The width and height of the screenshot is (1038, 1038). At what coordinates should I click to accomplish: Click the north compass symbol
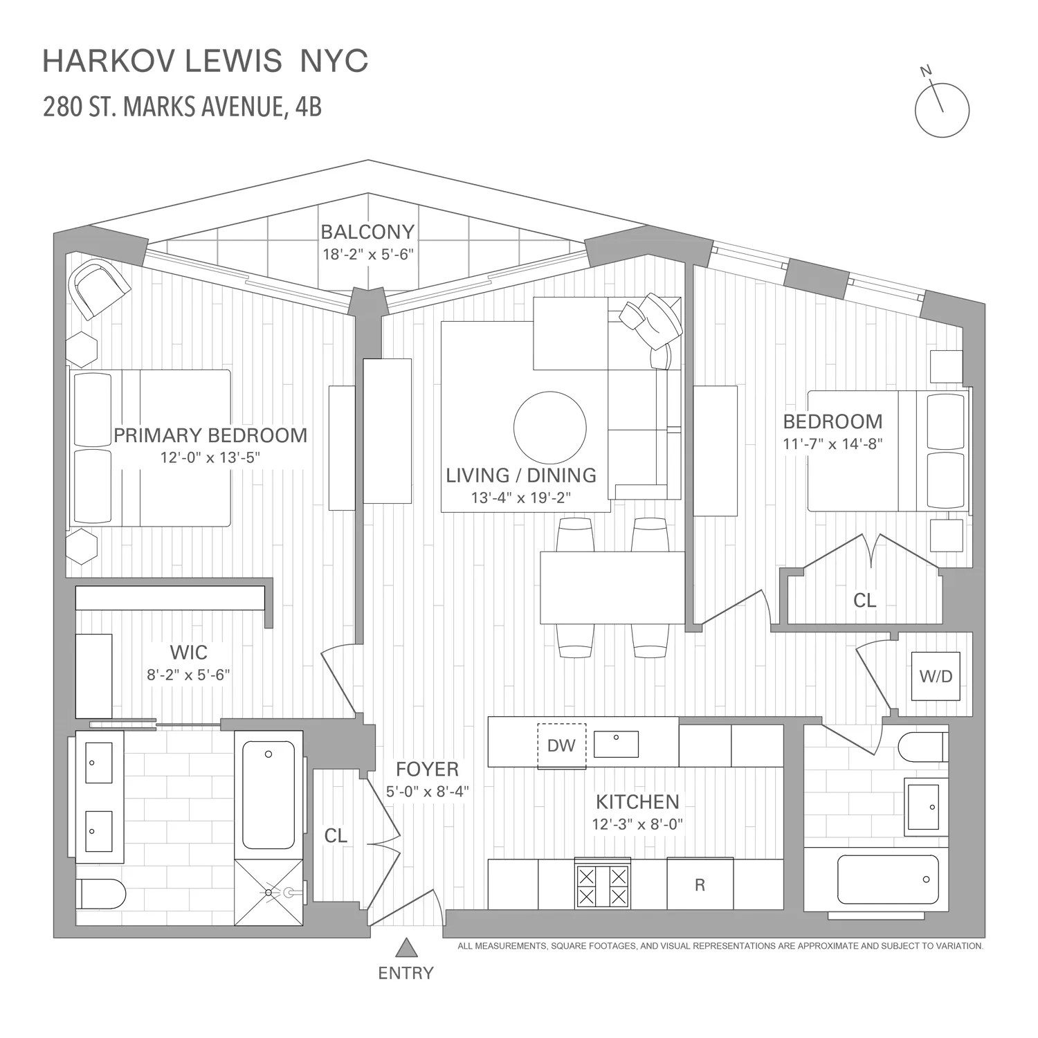click(x=942, y=109)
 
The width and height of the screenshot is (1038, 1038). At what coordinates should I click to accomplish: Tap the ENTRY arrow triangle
click(x=406, y=947)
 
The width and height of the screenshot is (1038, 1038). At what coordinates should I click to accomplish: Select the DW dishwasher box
click(x=561, y=745)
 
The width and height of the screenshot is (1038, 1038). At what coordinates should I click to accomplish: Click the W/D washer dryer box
click(x=936, y=676)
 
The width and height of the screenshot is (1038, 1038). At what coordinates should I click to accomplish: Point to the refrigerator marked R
click(x=700, y=884)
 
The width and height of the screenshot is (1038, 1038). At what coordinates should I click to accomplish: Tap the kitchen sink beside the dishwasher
click(x=616, y=744)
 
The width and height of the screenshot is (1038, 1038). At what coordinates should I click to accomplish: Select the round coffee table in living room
click(x=550, y=427)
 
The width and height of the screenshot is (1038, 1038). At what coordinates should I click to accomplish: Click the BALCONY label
click(x=367, y=232)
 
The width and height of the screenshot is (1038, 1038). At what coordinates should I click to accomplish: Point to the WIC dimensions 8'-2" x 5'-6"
click(x=188, y=675)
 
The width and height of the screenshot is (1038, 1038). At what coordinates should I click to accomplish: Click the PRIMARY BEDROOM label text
click(x=210, y=435)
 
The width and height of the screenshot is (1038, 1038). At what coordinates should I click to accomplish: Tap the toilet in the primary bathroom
click(x=100, y=893)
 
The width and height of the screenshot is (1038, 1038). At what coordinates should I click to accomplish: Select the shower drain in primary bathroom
click(x=269, y=893)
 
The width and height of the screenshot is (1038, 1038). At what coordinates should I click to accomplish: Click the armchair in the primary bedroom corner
click(x=101, y=288)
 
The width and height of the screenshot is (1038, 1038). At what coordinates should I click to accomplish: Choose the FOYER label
click(x=427, y=769)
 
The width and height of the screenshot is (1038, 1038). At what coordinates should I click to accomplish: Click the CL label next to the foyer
click(x=336, y=836)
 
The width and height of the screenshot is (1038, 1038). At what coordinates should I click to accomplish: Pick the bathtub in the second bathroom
click(x=888, y=880)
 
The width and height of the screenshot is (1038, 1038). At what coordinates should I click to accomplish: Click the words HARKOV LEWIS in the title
click(x=163, y=62)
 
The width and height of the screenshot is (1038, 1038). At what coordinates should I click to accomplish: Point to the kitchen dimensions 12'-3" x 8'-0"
click(x=637, y=824)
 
